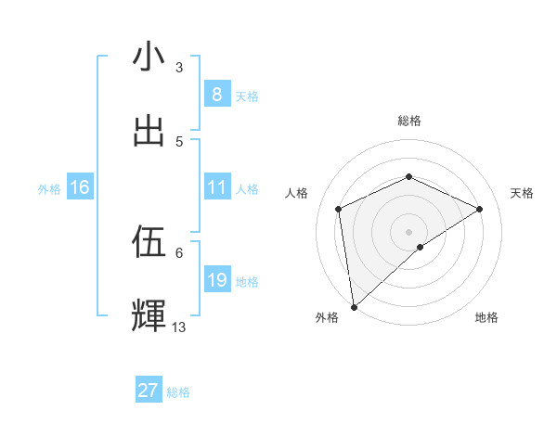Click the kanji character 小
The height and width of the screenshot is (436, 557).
pyautogui.click(x=149, y=57)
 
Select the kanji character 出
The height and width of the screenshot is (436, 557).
pyautogui.click(x=149, y=130)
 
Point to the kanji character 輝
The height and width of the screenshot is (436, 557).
pyautogui.click(x=149, y=315)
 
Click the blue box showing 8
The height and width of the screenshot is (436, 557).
pyautogui.click(x=216, y=95)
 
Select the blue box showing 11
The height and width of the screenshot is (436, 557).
pyautogui.click(x=216, y=187)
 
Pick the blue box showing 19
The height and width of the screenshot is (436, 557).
pyautogui.click(x=216, y=280)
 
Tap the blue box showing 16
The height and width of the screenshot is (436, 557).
pyautogui.click(x=80, y=187)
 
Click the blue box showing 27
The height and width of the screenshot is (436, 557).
pyautogui.click(x=149, y=391)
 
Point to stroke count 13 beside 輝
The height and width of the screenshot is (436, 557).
pyautogui.click(x=179, y=327)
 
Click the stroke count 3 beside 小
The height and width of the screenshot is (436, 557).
pyautogui.click(x=179, y=67)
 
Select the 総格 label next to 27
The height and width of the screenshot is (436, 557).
pyautogui.click(x=178, y=392)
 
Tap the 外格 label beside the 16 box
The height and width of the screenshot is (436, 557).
pyautogui.click(x=49, y=189)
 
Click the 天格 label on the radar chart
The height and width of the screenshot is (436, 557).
pyautogui.click(x=523, y=193)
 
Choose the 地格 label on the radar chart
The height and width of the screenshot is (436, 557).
pyautogui.click(x=486, y=318)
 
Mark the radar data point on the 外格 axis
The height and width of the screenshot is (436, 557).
pyautogui.click(x=353, y=307)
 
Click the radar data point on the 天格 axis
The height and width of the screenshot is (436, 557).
pyautogui.click(x=480, y=209)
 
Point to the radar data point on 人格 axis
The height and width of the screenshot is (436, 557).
pyautogui.click(x=339, y=209)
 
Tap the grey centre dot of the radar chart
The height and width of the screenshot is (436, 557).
pyautogui.click(x=409, y=231)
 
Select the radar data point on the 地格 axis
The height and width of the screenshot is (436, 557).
pyautogui.click(x=421, y=247)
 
